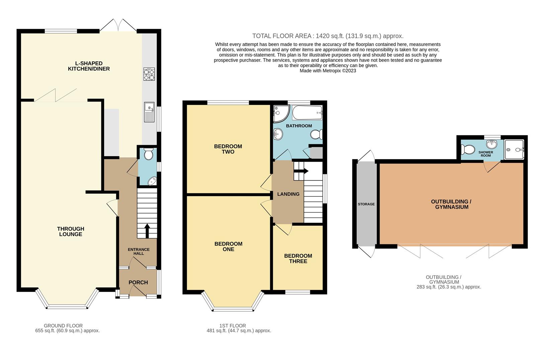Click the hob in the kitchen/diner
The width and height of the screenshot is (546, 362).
click(x=149, y=74)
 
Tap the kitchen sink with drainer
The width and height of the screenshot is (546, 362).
click(x=149, y=112)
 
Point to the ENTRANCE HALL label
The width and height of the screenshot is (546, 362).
click(x=139, y=251)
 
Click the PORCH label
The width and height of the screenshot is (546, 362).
click(x=138, y=283)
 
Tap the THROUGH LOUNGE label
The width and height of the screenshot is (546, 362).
click(x=71, y=232)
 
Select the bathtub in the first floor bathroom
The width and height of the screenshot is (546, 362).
click(x=307, y=113)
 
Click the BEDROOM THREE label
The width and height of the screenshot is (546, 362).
click(x=298, y=258)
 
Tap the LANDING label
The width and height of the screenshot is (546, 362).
click(x=288, y=194)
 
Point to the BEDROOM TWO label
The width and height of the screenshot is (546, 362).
click(x=228, y=149)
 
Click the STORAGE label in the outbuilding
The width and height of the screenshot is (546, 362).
click(x=366, y=204)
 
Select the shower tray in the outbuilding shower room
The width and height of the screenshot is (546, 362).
click(x=514, y=150)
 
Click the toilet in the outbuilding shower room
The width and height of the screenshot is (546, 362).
click(x=468, y=149)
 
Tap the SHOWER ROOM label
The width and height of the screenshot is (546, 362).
click(x=485, y=154)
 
